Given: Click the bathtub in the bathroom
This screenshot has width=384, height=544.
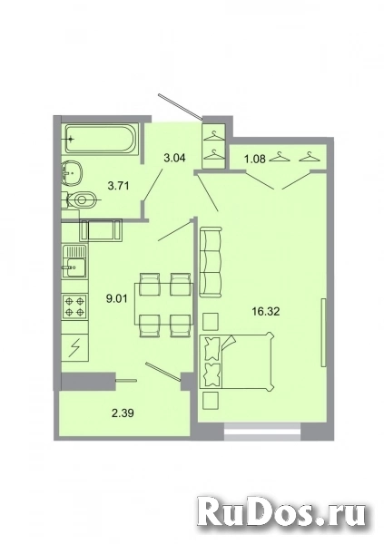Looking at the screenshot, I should pos(99,140).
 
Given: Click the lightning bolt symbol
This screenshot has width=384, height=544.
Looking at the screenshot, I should pos(75,345).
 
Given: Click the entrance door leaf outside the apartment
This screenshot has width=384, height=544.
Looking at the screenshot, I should pos(178,103).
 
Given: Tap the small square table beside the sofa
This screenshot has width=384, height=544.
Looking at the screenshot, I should pos(211,320).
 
